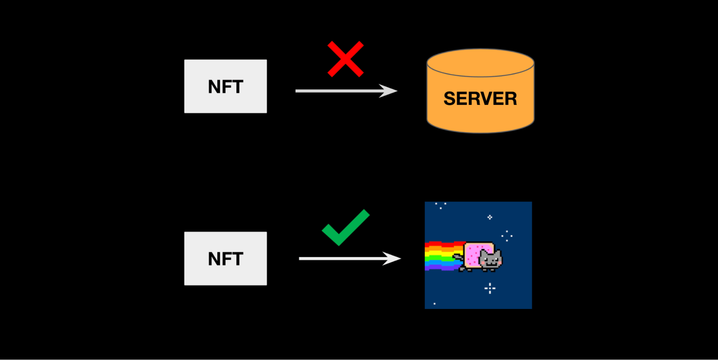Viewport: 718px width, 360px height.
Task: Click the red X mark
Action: point(346,59)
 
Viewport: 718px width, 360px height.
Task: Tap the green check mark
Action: point(345,229)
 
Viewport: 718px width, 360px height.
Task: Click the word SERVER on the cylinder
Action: point(480,98)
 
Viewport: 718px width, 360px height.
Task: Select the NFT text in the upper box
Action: point(226,87)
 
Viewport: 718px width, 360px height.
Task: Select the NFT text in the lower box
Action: point(226,259)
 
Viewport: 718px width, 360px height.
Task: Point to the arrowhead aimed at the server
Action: point(389,91)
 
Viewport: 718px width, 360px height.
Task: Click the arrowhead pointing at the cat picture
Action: point(392,258)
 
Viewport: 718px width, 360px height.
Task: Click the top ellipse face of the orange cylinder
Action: point(480,63)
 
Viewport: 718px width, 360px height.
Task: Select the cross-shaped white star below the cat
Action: point(490,288)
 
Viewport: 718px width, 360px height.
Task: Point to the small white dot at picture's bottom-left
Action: point(435,304)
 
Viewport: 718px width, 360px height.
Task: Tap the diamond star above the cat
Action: point(490,217)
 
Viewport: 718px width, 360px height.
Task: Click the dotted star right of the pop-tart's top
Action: point(507,236)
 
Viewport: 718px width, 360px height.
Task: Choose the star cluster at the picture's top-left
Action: point(441,205)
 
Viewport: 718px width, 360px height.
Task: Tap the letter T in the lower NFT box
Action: point(237,259)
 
